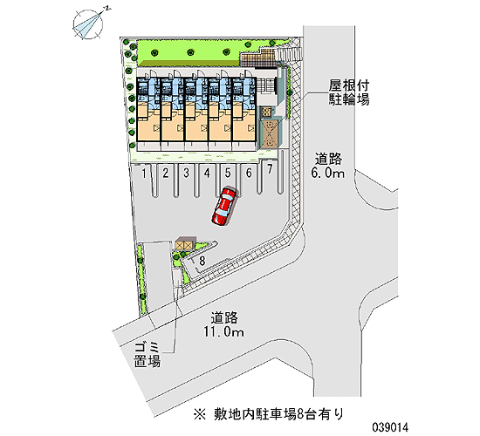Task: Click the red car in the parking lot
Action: (223, 206)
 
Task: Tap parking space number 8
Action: (202, 261)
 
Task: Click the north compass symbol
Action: (89, 24)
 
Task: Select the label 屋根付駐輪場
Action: (349, 92)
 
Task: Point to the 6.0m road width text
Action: (328, 174)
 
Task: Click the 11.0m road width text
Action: (224, 332)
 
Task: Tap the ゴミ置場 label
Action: (147, 354)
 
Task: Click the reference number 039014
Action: (390, 427)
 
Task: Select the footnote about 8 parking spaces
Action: (269, 414)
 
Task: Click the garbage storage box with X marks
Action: (184, 245)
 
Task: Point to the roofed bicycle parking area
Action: (269, 133)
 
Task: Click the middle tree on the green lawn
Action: (190, 52)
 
